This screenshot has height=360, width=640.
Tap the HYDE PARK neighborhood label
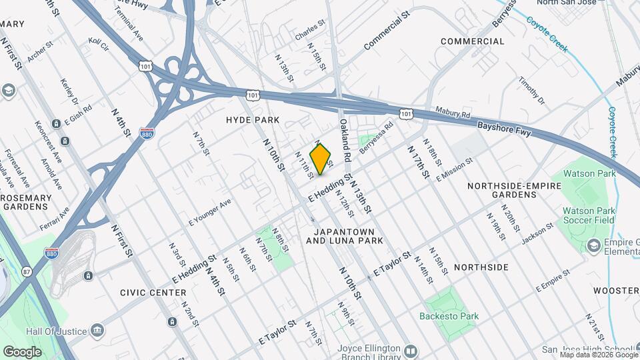252,120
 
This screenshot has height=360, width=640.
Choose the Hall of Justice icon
97,331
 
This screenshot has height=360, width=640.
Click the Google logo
22,351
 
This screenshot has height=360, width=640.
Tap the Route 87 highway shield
27,271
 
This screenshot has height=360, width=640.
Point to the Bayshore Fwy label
505,129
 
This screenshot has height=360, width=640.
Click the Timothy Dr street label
532,91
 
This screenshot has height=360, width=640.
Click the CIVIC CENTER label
153,293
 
